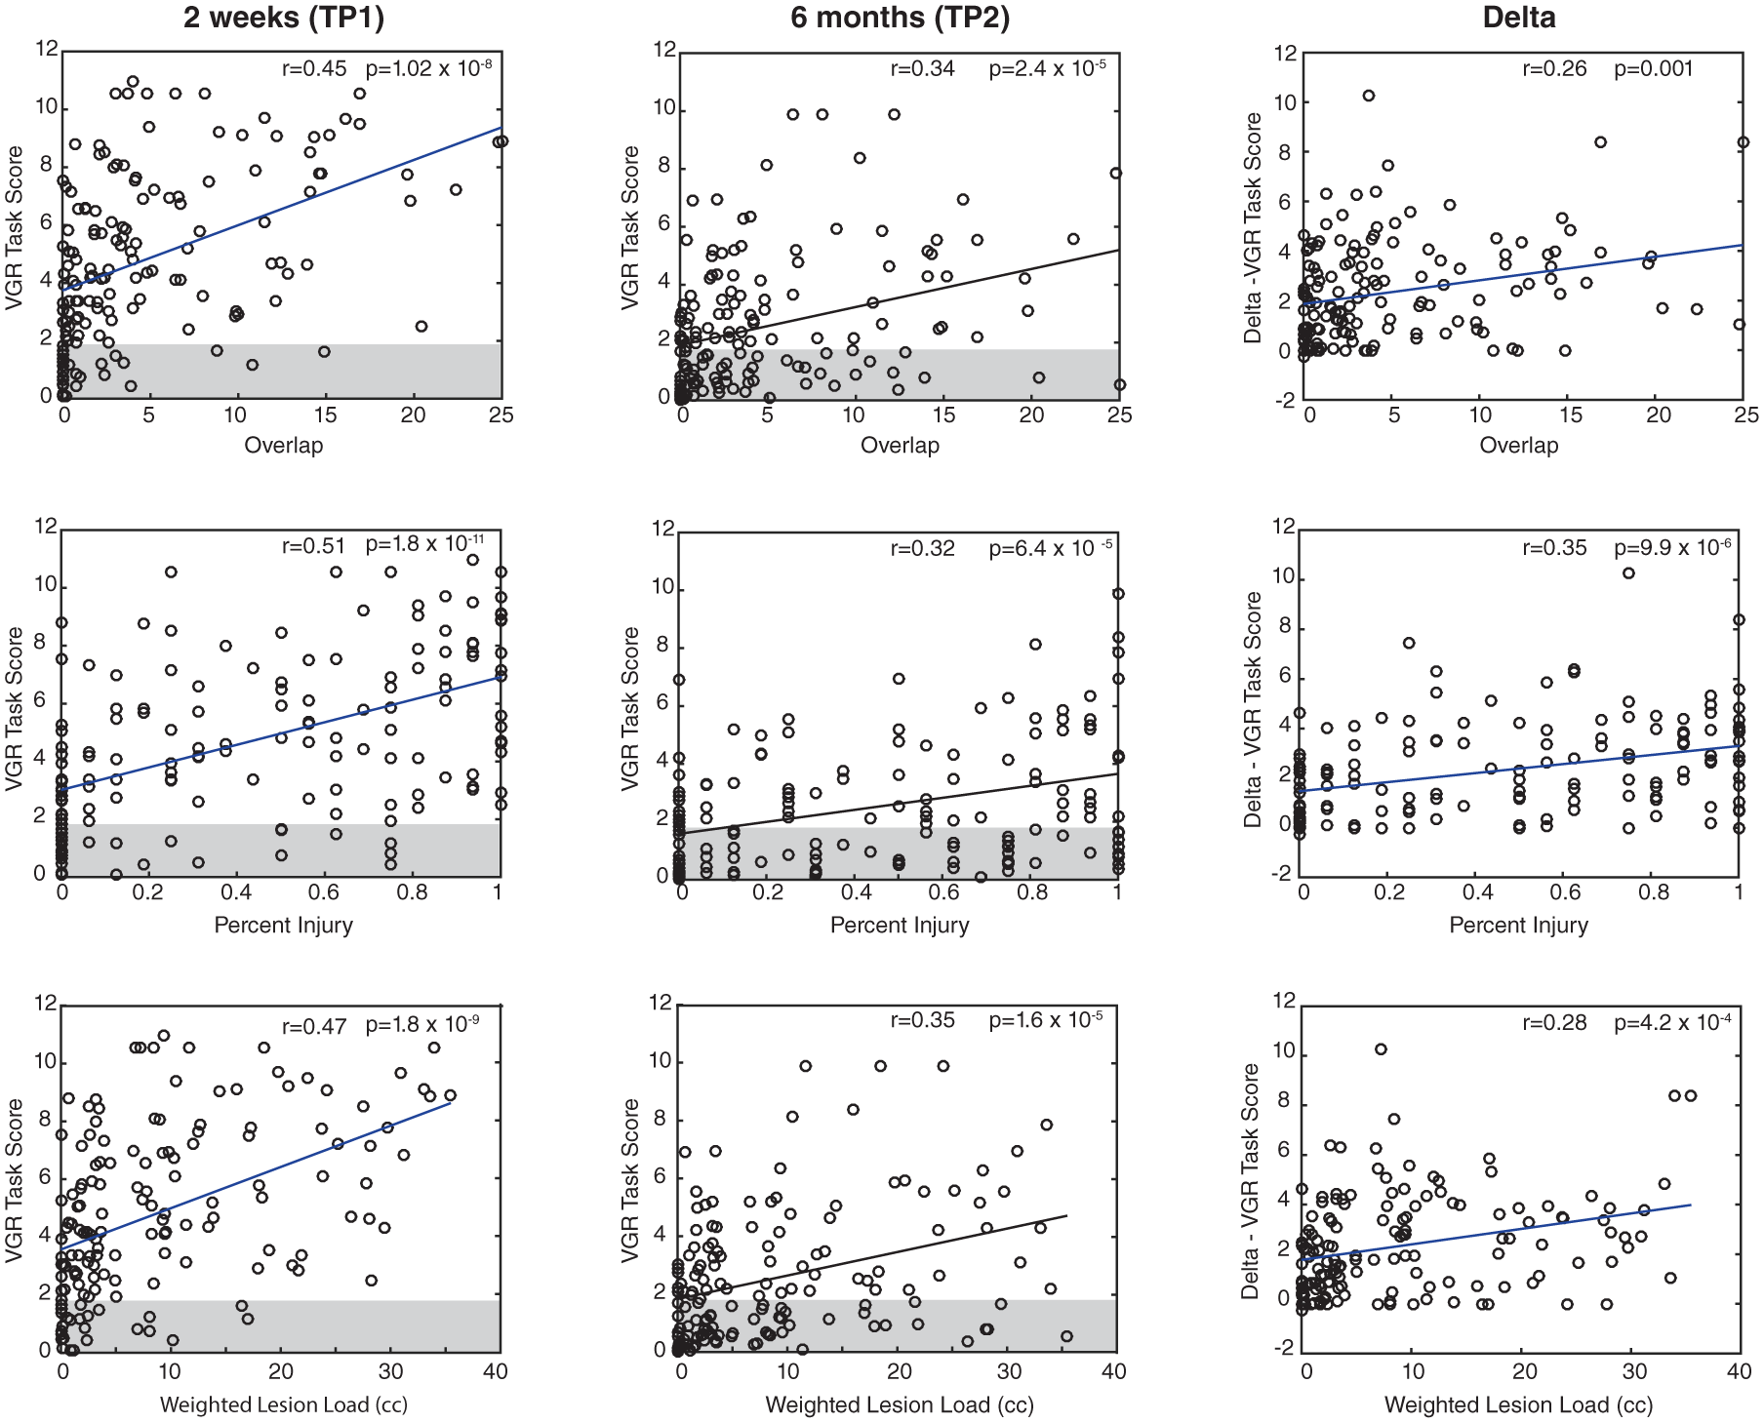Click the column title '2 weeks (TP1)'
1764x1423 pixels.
click(x=284, y=18)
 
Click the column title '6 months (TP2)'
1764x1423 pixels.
click(x=900, y=18)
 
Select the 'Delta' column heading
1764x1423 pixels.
click(x=1518, y=18)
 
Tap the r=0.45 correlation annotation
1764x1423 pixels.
click(x=314, y=68)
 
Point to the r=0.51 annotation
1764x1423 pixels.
click(x=314, y=546)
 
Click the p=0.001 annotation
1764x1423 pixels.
click(x=1654, y=69)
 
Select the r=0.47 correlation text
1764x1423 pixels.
click(x=314, y=1026)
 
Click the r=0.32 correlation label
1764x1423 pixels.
click(x=922, y=548)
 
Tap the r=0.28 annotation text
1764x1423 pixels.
click(x=1554, y=1023)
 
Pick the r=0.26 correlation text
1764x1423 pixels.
click(x=1554, y=69)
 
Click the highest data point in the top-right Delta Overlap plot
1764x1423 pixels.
click(x=1369, y=96)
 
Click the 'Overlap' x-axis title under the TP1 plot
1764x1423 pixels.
click(x=283, y=446)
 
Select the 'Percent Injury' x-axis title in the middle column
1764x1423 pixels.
click(x=900, y=926)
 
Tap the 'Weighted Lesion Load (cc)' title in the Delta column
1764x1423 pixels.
click(x=1518, y=1405)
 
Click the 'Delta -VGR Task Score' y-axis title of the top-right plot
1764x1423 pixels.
click(x=1253, y=227)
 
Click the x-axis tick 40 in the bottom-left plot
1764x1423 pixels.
click(x=496, y=1371)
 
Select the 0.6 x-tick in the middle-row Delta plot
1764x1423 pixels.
click(x=1566, y=891)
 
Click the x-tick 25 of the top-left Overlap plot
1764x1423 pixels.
click(x=501, y=415)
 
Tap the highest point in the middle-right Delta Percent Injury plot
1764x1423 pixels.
click(x=1628, y=573)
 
